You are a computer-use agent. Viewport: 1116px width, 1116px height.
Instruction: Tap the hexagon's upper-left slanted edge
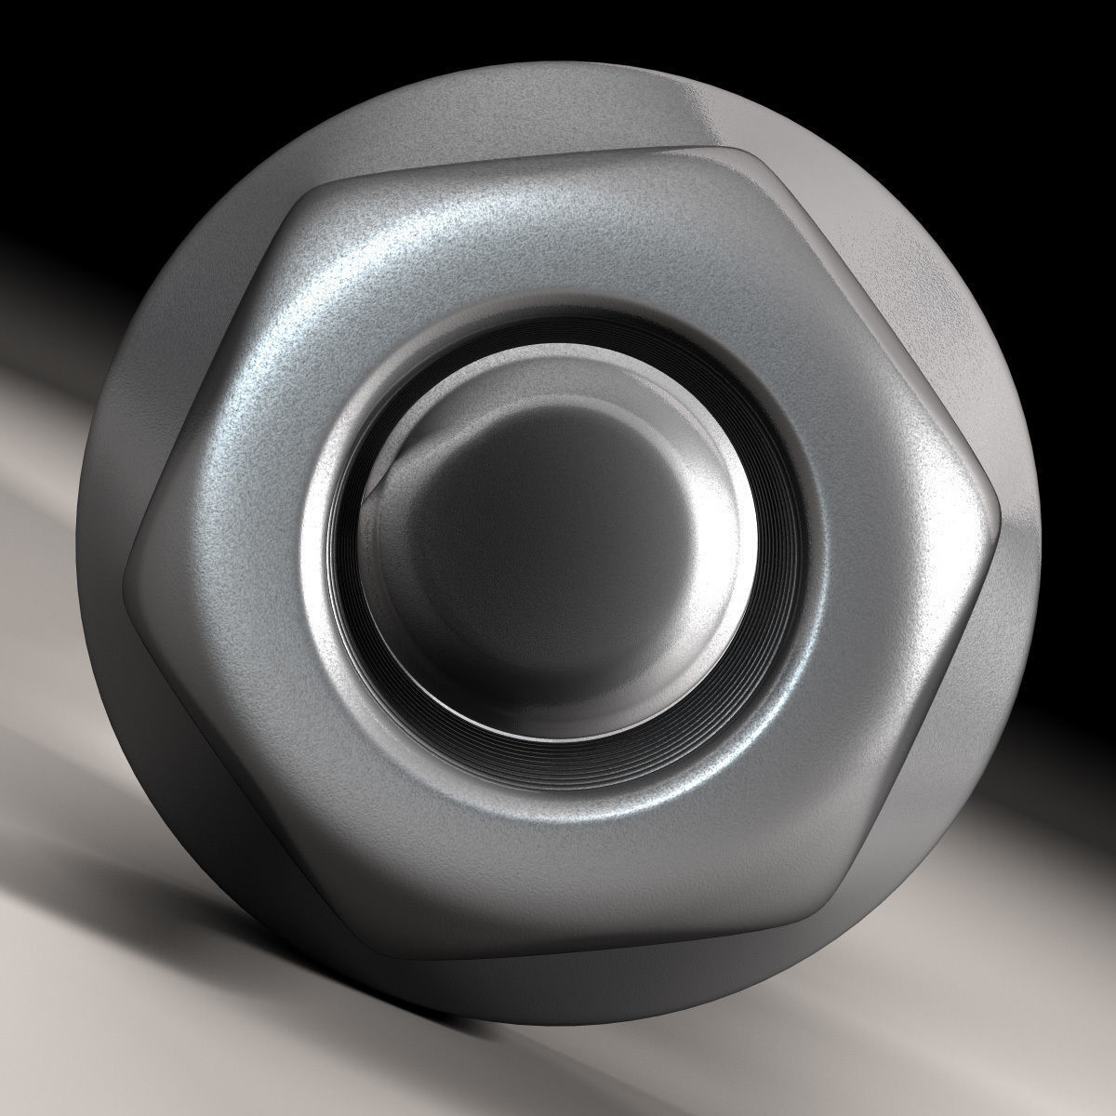pyautogui.click(x=214, y=363)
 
